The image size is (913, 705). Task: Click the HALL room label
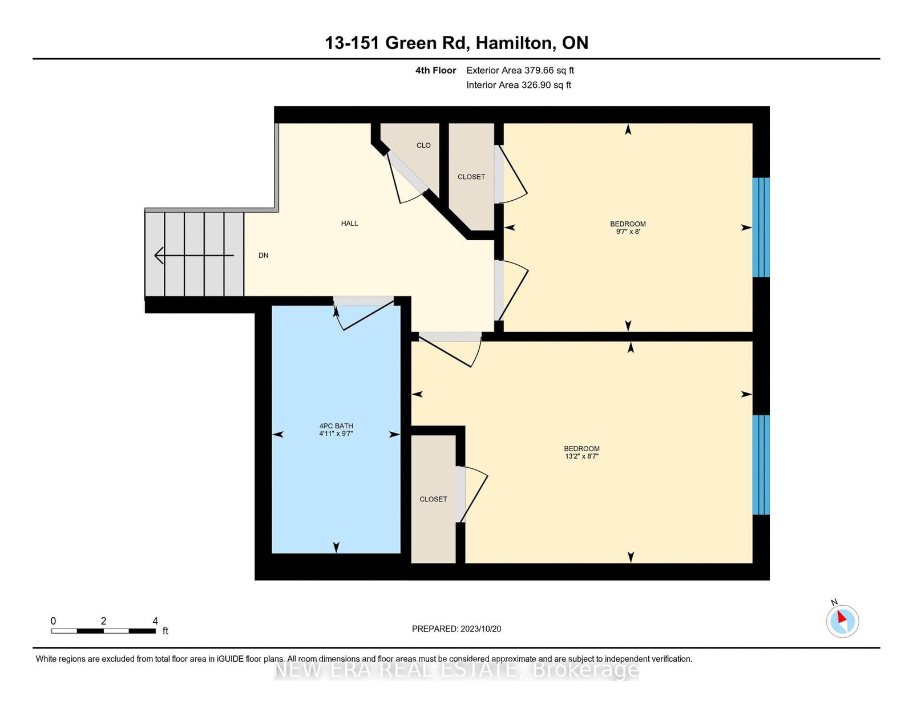350,224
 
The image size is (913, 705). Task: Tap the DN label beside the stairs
264,256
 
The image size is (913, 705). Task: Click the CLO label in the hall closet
423,145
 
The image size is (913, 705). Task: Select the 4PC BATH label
336,426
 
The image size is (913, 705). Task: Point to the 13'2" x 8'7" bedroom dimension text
582,456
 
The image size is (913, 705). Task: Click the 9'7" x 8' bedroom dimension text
628,232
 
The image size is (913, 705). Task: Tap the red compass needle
842,617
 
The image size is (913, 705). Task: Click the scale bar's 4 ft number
155,621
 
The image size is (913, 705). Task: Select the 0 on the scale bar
54,621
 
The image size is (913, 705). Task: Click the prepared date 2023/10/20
480,629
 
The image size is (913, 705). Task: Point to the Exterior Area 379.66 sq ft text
520,71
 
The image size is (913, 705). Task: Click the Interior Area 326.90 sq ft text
519,85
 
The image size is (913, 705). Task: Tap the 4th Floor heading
436,71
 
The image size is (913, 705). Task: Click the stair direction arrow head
159,256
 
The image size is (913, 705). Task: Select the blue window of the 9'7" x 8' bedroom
761,228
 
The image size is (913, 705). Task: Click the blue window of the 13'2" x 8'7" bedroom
761,464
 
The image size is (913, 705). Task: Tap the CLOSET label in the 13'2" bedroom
433,499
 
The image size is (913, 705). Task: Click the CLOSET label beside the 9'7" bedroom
471,177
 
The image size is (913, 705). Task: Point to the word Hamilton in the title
514,43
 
